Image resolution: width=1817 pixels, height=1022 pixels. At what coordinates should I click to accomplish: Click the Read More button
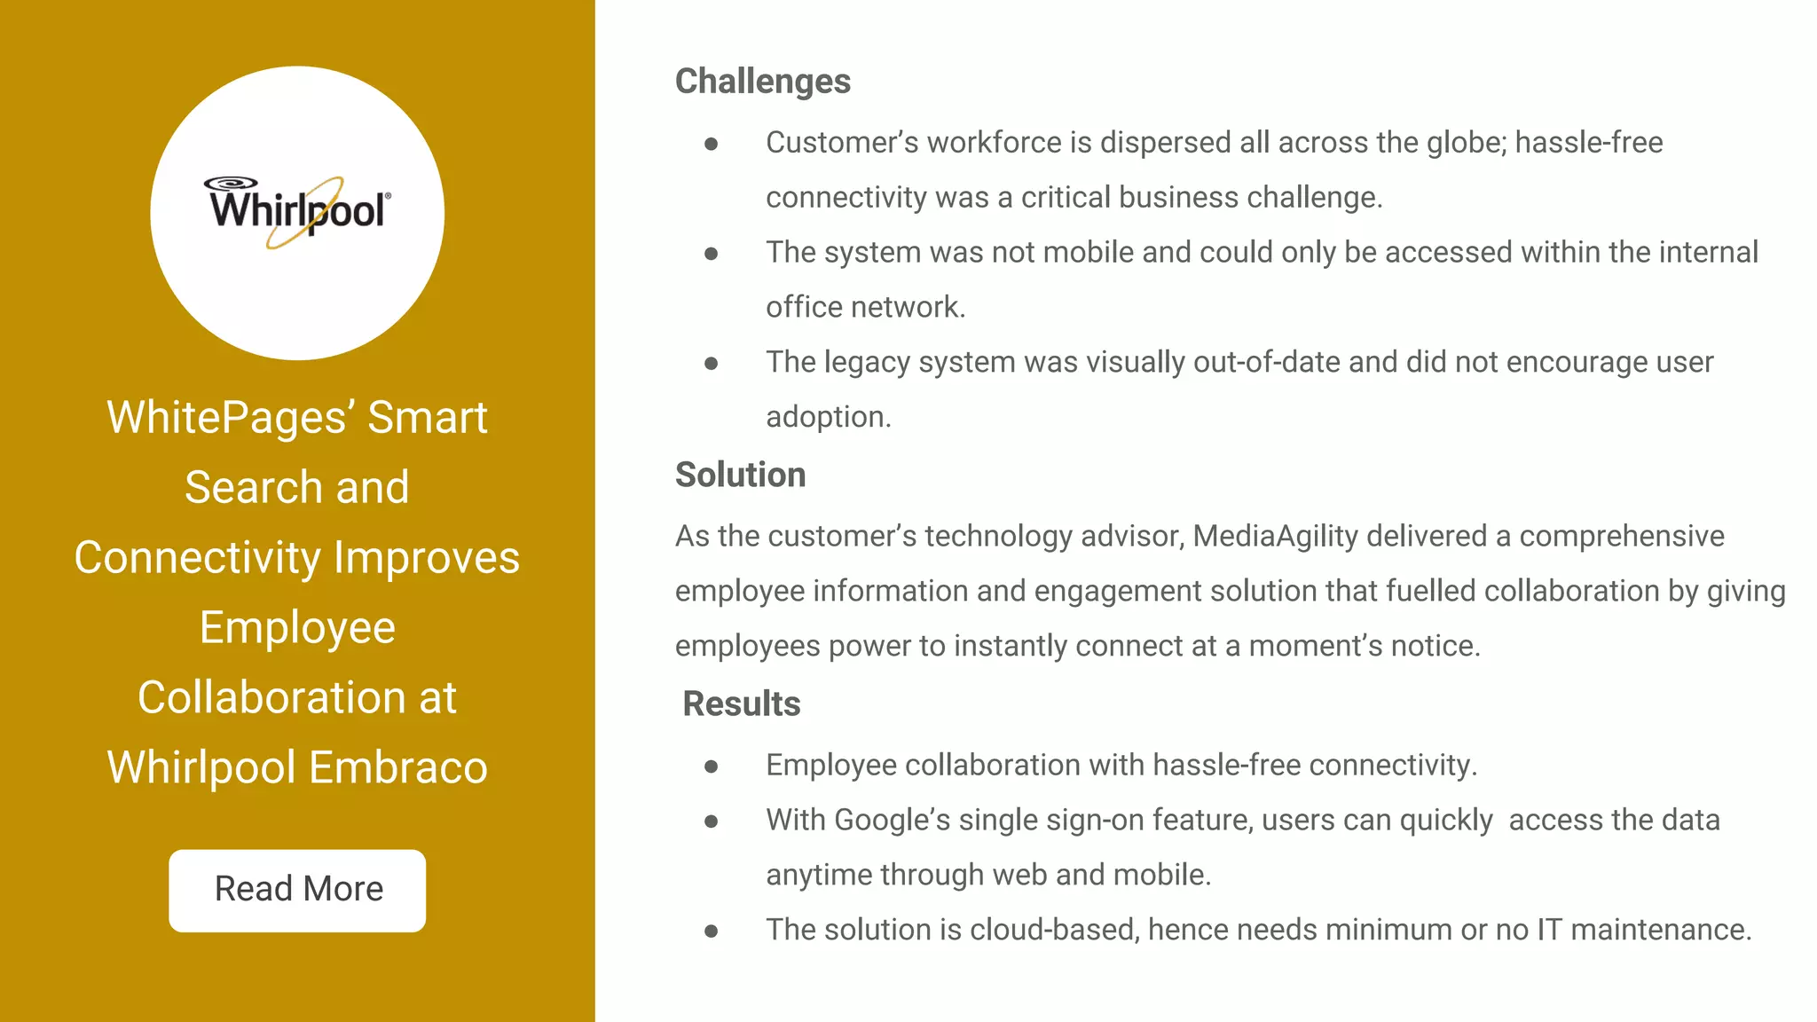[x=297, y=890]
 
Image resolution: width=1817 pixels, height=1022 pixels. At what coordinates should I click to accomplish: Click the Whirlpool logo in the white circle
[x=297, y=211]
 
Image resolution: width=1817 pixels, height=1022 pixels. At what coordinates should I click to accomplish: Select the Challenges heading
[x=762, y=82]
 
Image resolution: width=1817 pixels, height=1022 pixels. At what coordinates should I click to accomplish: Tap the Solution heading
[x=740, y=475]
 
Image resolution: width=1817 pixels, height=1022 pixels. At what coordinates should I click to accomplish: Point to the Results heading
[x=741, y=704]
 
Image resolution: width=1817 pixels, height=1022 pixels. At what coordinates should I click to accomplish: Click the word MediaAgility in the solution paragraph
[x=1275, y=536]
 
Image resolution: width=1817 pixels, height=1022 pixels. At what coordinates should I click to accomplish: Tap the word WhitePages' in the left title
[x=230, y=417]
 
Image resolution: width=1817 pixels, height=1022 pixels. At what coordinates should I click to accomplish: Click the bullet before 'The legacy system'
[x=711, y=363]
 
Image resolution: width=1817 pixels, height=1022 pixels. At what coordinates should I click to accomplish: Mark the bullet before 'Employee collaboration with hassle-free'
[x=711, y=766]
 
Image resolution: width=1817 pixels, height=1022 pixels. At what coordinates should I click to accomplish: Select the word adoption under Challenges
[x=828, y=417]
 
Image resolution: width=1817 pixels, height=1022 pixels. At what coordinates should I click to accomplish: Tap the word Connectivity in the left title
[x=197, y=558]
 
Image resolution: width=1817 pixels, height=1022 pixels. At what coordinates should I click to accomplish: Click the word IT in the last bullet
[x=1549, y=930]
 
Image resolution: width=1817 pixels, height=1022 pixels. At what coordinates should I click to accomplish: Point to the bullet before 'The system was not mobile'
[x=711, y=253]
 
